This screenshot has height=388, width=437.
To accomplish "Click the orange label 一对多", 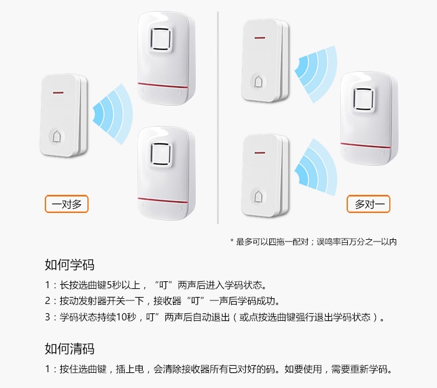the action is [x=66, y=204].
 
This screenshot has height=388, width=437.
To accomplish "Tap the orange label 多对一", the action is [x=368, y=204].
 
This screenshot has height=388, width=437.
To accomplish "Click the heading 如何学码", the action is [x=70, y=265].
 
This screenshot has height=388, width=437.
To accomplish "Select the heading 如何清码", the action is [x=70, y=349].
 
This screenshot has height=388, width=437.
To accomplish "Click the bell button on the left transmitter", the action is [x=57, y=137].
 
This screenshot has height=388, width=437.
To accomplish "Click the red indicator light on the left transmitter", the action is [x=58, y=93].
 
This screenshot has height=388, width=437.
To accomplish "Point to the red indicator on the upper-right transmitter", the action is [x=260, y=38].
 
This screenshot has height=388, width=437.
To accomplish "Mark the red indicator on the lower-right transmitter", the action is [x=260, y=153].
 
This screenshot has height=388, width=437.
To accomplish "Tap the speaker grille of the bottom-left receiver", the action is [x=160, y=155].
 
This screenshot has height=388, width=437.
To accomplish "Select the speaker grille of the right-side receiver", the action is [x=363, y=99].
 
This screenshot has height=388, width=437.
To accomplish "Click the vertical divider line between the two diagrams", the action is [x=218, y=117].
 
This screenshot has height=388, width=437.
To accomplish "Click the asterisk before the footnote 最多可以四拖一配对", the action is [x=232, y=240].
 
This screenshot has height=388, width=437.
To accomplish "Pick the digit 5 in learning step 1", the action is [x=110, y=285].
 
